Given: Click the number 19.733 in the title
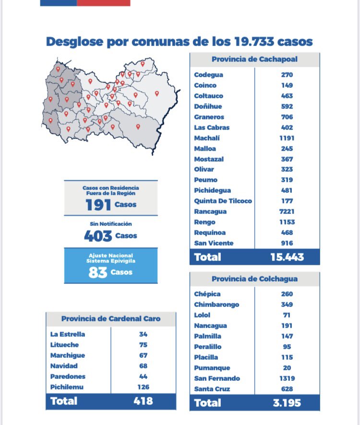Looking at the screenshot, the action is pos(254,41).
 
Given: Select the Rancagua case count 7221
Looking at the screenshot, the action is pos(287,212).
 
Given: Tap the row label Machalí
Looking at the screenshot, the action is pos(207,138).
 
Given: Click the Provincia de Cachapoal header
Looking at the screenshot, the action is pos(254,59).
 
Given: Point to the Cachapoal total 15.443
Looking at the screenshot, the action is pos(287,257).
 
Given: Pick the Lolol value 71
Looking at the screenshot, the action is pos(287,315).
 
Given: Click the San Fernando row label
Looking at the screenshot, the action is pos(217,378).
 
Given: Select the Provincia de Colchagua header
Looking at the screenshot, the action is pos(254,279).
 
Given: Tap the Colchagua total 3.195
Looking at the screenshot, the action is pos(287,403).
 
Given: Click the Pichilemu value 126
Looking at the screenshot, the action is pos(143,387).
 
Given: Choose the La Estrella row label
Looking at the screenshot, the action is pos(68,334).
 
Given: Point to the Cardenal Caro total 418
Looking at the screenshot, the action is pos(143,401).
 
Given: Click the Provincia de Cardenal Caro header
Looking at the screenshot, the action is pos(111,319).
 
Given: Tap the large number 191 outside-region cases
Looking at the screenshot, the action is pos(98,205).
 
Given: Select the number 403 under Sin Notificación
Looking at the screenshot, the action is pos(98,236).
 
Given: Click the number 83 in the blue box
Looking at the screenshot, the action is pos(97,272).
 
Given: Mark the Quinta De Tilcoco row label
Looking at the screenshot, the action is pos(223,201).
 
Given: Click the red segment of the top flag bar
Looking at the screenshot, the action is pos(103,3).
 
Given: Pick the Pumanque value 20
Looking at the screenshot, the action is pos(287,368).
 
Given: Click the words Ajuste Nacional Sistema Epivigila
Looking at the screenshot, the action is pos(111,258).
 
